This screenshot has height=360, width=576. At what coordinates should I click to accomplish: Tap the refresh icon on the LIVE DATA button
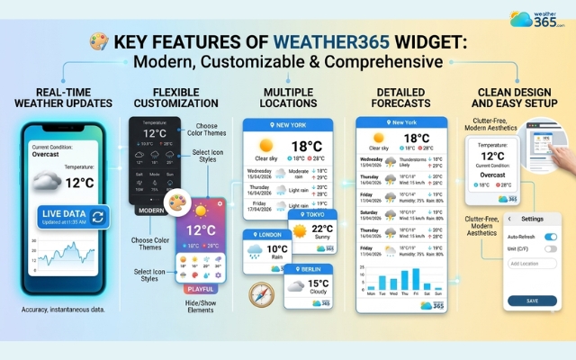pos(98,215)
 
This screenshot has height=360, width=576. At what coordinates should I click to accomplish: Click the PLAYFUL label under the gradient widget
pos(201,289)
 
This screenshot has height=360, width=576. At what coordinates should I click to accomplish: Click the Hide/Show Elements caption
pos(200,309)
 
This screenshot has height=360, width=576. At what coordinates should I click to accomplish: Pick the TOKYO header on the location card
pos(314,215)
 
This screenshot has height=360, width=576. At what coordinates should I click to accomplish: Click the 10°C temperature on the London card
pos(277,248)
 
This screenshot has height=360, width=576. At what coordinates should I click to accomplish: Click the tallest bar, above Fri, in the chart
pos(415,277)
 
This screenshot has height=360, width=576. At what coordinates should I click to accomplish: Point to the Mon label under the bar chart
pos(370,292)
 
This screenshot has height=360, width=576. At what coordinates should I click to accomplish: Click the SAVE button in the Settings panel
pos(531,301)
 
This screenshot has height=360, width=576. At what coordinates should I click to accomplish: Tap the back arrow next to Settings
pos(510,219)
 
